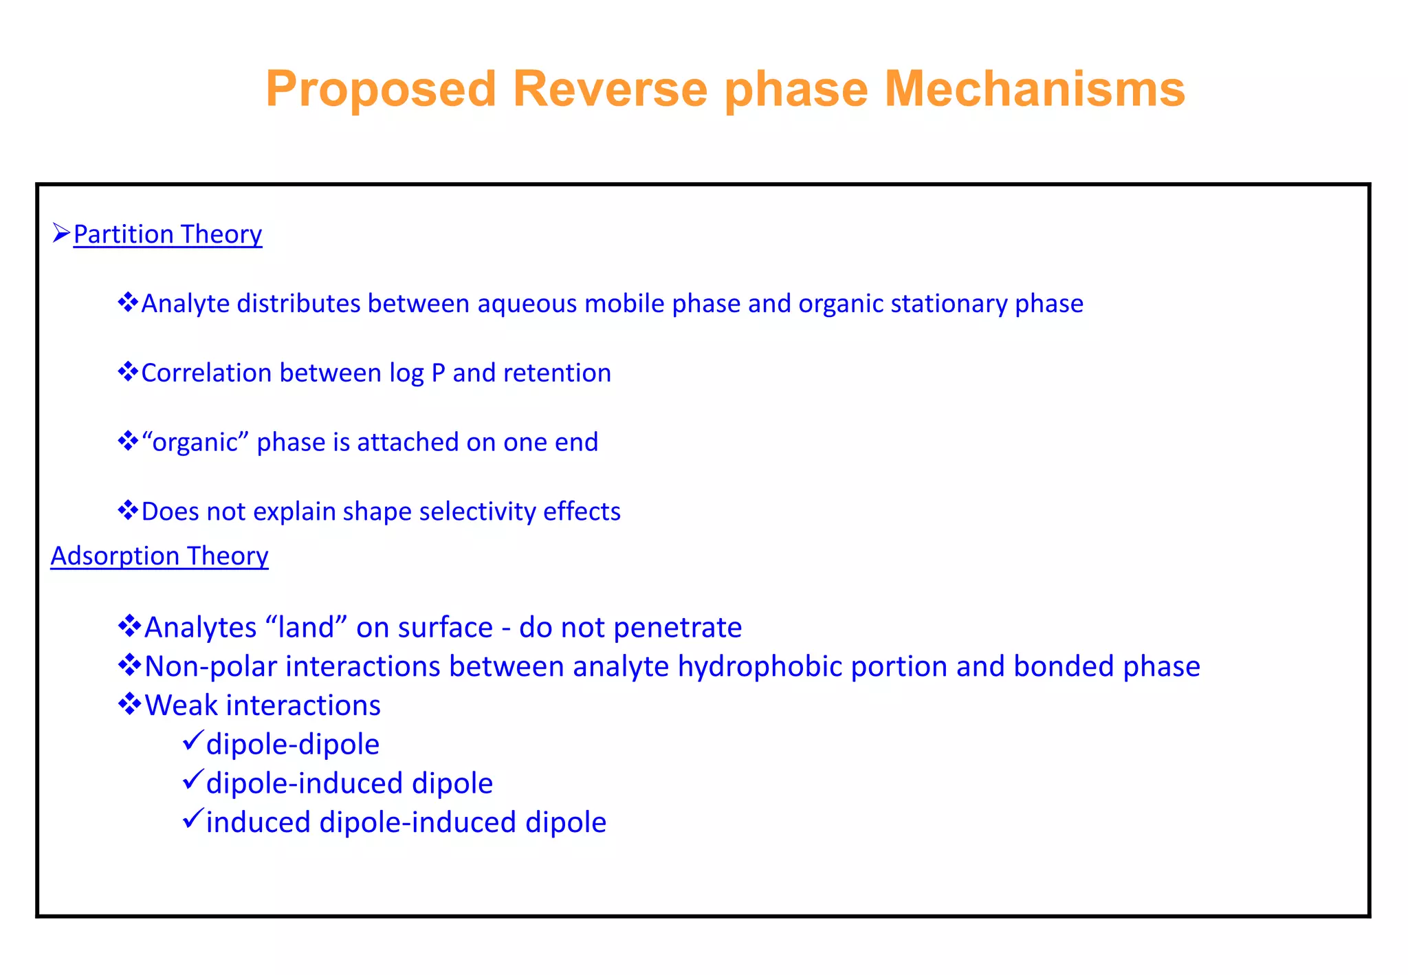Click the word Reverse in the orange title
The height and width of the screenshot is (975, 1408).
tap(610, 89)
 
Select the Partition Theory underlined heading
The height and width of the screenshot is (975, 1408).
tap(168, 234)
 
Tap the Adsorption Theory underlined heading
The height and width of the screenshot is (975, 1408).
tap(159, 556)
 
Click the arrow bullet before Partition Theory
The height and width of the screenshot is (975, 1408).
tap(60, 234)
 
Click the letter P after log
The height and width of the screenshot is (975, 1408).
tap(438, 373)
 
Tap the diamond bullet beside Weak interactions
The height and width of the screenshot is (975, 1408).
tap(129, 704)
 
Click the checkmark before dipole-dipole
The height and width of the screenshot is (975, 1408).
tap(192, 741)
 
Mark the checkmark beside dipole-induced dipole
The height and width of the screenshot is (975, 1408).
tap(192, 780)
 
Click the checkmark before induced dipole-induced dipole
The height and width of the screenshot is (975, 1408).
tap(192, 820)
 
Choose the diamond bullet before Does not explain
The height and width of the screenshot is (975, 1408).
tap(128, 511)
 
